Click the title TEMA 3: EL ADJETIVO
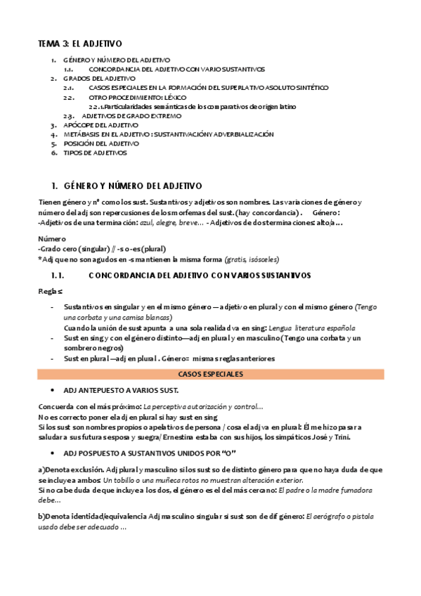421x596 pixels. tap(79, 44)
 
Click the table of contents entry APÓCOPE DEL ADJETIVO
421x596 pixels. tap(101, 125)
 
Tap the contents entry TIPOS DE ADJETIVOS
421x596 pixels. tap(96, 153)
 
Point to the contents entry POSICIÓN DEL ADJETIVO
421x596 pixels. tap(101, 143)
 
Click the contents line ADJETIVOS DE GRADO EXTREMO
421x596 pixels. tap(131, 116)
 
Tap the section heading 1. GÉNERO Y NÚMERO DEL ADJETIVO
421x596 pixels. tap(126, 186)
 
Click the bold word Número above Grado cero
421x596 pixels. tap(51, 239)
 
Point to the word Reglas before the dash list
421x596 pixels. tap(51, 290)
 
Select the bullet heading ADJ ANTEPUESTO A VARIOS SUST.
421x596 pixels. tap(121, 390)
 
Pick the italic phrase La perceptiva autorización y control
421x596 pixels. tap(202, 407)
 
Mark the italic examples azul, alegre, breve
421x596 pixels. tap(171, 222)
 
